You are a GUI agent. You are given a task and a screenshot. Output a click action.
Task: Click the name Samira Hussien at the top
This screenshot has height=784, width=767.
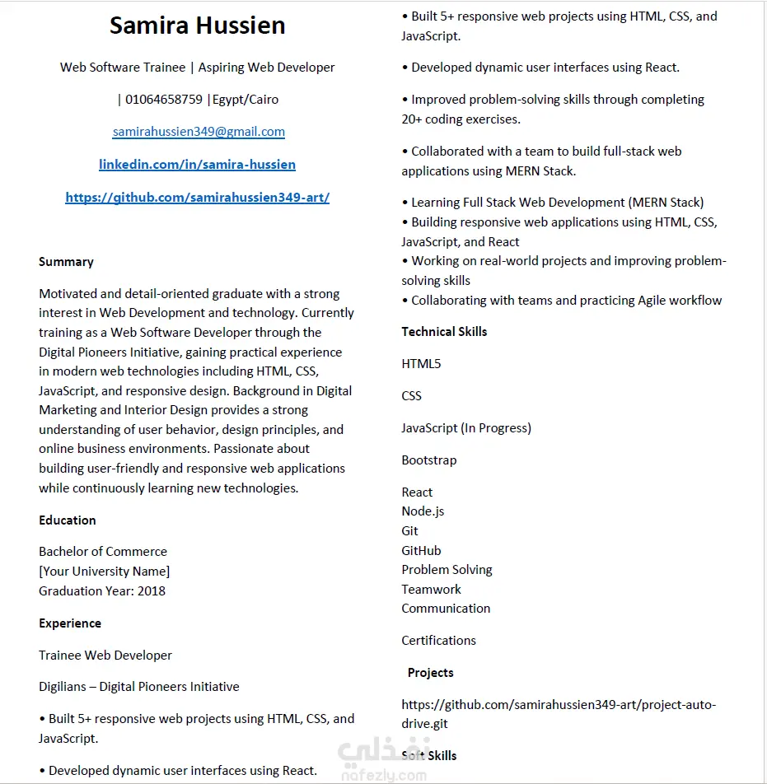[x=198, y=26]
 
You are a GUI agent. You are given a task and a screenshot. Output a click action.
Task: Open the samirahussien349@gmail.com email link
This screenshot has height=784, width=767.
[x=199, y=132]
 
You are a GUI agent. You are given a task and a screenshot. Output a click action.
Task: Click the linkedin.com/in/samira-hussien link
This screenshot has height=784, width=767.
[x=197, y=165]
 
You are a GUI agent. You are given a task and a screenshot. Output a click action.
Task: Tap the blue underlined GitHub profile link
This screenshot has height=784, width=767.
[x=197, y=198]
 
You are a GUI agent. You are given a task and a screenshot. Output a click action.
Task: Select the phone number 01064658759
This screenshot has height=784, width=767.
[x=164, y=100]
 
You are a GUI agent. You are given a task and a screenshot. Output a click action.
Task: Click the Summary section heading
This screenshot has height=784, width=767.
[x=66, y=262]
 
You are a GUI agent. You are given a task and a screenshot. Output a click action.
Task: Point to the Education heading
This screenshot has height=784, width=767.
[x=68, y=520]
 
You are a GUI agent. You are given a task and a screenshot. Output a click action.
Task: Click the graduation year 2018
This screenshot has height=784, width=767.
[x=152, y=590]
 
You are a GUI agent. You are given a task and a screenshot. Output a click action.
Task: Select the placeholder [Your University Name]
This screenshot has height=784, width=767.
[x=105, y=572]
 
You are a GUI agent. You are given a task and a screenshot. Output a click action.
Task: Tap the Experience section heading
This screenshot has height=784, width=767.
[x=70, y=623]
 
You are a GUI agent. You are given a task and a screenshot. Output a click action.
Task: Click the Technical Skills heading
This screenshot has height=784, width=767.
[x=444, y=332]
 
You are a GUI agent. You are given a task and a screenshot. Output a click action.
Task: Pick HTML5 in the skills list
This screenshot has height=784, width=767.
[x=421, y=364]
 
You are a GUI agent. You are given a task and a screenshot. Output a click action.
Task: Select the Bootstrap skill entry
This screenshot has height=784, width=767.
[x=428, y=460]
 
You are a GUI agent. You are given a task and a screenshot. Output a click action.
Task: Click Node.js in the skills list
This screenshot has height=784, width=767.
[x=423, y=511]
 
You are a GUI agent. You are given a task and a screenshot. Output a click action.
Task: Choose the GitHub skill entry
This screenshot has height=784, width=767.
[x=421, y=551]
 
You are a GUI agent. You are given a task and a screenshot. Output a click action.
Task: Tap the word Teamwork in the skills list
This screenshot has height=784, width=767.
[x=431, y=590]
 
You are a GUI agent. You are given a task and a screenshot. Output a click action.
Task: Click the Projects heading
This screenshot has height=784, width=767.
[x=430, y=673]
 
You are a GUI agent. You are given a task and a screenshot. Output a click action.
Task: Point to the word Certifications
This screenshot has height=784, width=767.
[x=438, y=641]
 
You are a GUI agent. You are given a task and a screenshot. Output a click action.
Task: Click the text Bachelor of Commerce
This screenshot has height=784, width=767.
[x=103, y=552]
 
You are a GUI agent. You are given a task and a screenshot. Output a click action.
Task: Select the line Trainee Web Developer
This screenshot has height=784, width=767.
[x=105, y=656]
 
